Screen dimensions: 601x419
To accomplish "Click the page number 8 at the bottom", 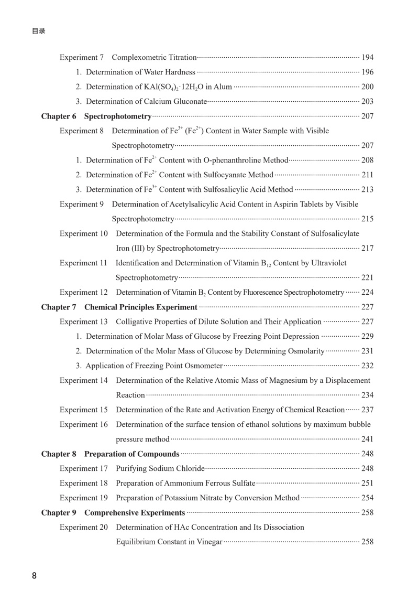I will click(x=35, y=576).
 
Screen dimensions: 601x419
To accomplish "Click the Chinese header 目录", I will click(x=38, y=31).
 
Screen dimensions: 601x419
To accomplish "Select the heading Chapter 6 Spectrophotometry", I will click(x=96, y=116).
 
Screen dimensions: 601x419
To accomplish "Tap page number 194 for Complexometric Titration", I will click(x=367, y=57).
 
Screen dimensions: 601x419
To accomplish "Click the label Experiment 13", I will click(x=84, y=321).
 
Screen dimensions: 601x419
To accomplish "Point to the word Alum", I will click(x=222, y=87).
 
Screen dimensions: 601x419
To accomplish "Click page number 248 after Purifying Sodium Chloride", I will click(x=367, y=468).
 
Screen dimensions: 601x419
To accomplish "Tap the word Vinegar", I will click(x=208, y=542).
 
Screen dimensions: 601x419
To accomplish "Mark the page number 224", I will click(x=367, y=292).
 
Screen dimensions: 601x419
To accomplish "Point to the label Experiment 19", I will click(x=84, y=498).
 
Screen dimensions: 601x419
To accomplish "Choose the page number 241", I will click(x=367, y=439).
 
